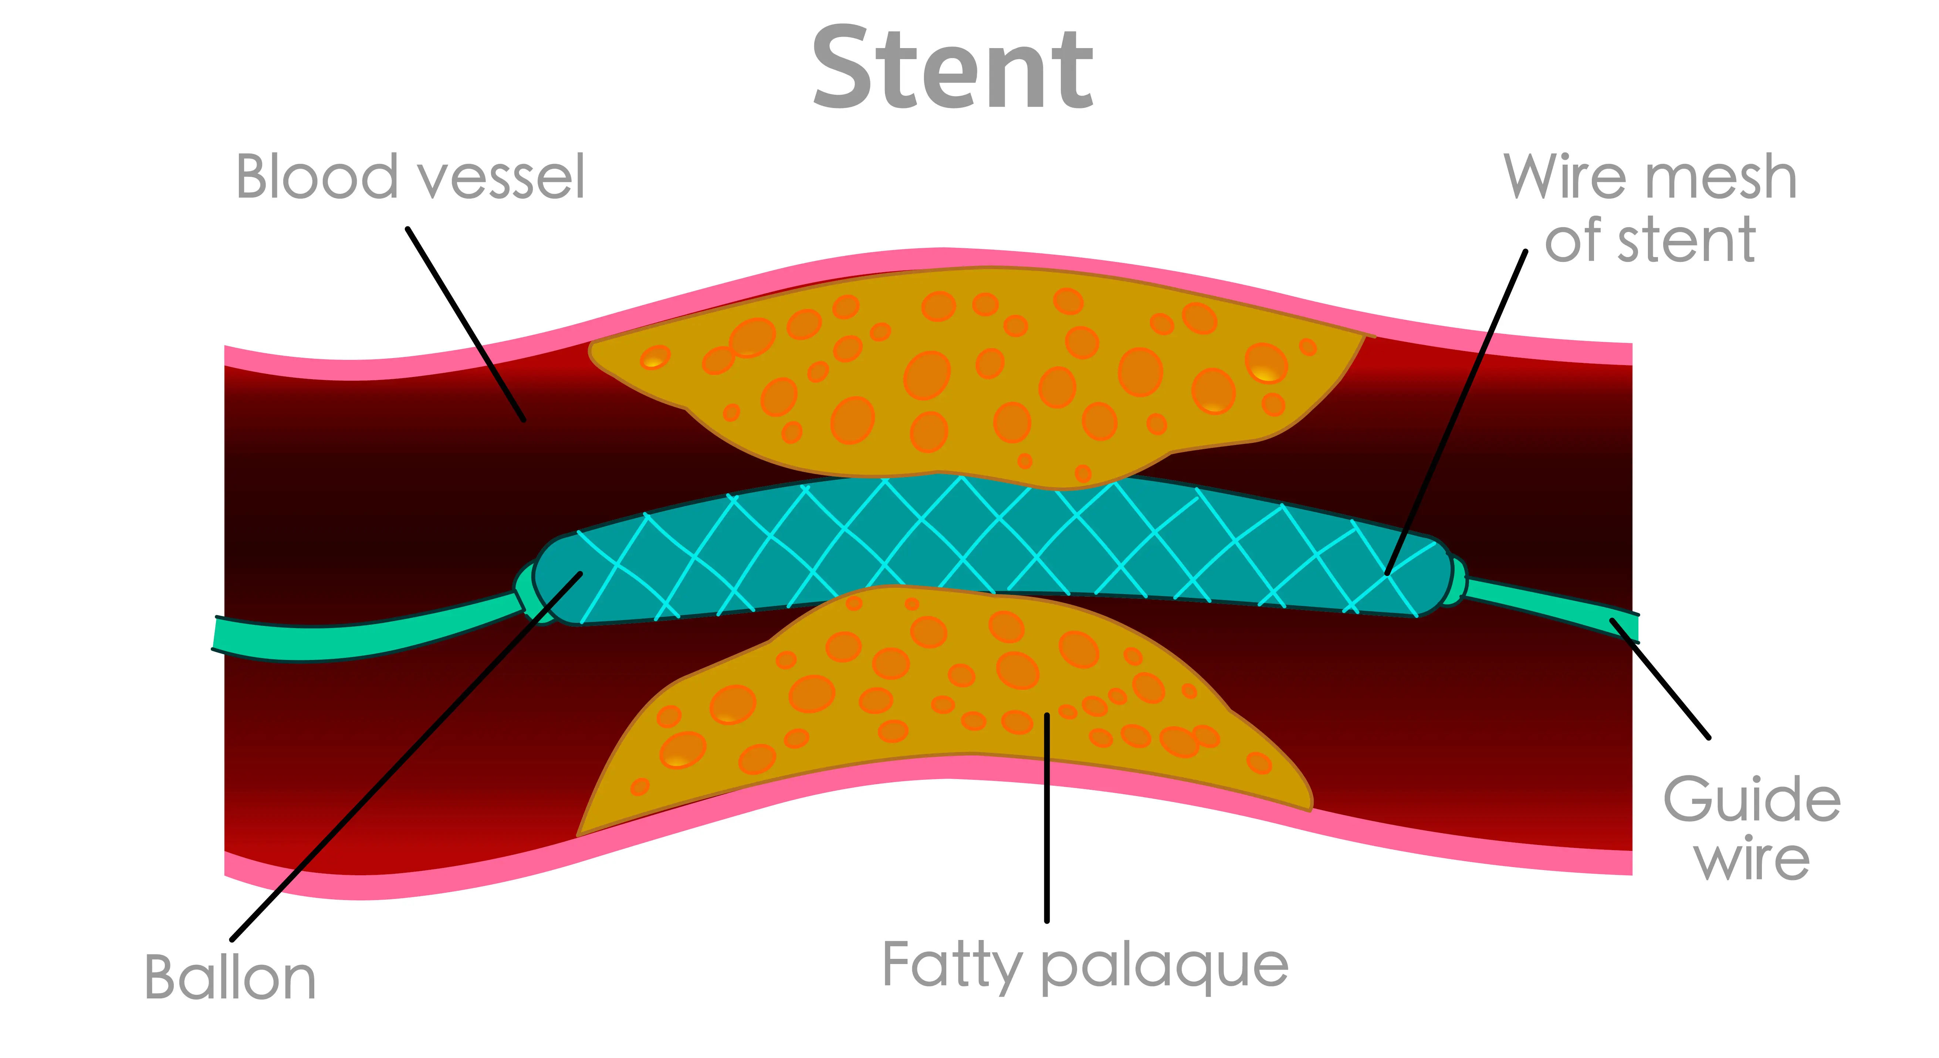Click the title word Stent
(x=952, y=69)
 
